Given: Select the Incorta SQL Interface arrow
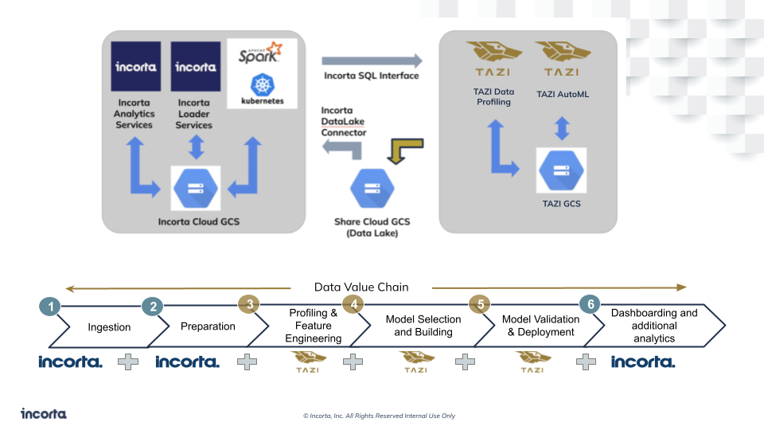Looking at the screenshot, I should pyautogui.click(x=372, y=61).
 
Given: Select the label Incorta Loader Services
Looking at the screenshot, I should pyautogui.click(x=194, y=114).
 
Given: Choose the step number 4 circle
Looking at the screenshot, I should pyautogui.click(x=353, y=303).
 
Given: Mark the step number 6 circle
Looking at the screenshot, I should pyautogui.click(x=590, y=303).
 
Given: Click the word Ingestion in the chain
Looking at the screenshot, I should pyautogui.click(x=109, y=327).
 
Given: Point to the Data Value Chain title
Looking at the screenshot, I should pyautogui.click(x=361, y=287).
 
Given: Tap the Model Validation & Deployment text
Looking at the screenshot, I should pyautogui.click(x=539, y=326).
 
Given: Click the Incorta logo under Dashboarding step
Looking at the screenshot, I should pyautogui.click(x=643, y=362).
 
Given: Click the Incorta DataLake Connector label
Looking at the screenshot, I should pyautogui.click(x=344, y=121).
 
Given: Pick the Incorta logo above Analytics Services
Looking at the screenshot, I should pyautogui.click(x=135, y=67).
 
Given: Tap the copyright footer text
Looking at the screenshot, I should pyautogui.click(x=379, y=416).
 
